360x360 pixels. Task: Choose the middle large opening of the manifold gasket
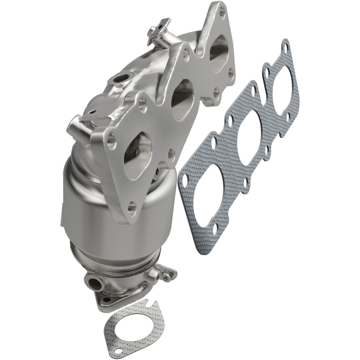(247, 135)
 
